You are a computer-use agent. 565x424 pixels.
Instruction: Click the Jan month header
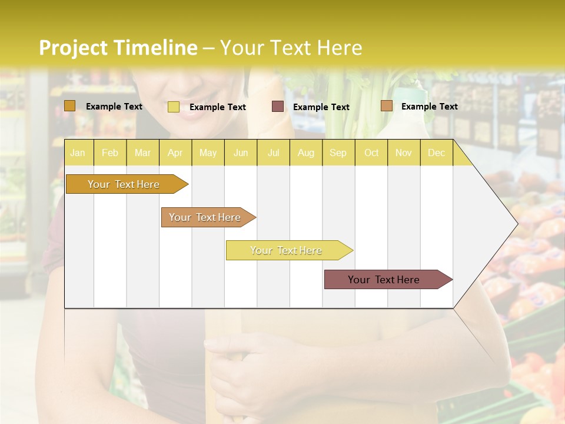(78, 153)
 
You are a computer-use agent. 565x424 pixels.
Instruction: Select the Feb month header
(110, 153)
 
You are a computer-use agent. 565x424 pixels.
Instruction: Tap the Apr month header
(175, 153)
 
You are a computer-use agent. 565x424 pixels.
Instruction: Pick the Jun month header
(241, 153)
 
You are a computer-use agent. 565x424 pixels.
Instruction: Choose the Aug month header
(305, 153)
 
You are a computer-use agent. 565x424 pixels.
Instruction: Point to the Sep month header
(338, 153)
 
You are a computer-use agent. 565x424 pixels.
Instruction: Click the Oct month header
(371, 153)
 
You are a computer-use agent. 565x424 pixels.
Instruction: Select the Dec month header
(436, 153)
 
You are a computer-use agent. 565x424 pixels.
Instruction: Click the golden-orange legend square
(70, 106)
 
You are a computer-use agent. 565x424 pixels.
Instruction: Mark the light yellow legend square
(174, 107)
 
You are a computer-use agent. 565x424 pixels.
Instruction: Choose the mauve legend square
(278, 107)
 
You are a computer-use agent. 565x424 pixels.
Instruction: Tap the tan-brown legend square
(387, 106)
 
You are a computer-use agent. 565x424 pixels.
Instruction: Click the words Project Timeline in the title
(118, 48)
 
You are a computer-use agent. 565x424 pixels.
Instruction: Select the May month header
(208, 153)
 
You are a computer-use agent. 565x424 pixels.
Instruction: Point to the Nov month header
(404, 153)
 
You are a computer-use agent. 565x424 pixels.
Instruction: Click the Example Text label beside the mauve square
(321, 107)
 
